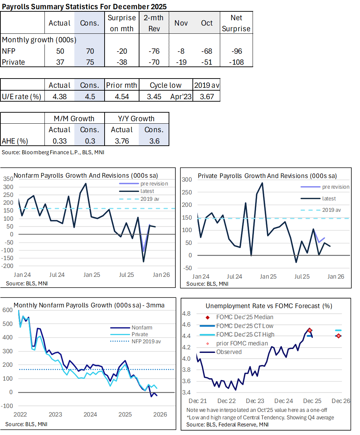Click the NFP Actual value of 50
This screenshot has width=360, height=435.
(60, 51)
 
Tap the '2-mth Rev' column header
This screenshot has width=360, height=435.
(154, 23)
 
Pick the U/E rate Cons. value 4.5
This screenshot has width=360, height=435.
(90, 97)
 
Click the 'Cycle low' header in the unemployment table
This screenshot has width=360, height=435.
(165, 85)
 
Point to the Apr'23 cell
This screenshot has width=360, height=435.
(181, 97)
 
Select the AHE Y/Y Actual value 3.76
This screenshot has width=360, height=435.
(122, 141)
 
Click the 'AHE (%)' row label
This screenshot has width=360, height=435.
(15, 141)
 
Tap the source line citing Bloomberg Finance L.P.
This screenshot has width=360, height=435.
(53, 152)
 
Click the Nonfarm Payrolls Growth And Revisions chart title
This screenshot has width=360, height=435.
(86, 176)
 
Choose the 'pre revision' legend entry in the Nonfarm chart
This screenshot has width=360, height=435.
(154, 184)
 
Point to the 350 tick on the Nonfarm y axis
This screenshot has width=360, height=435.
(8, 179)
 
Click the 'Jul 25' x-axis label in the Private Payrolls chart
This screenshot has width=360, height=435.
(302, 276)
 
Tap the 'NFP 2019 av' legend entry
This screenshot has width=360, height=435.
(146, 342)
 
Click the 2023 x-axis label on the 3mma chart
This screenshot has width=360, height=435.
(55, 414)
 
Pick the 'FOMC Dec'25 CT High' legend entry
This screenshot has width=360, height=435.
(245, 334)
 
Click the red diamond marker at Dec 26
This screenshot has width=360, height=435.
(338, 336)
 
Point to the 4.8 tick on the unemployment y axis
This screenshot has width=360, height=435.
(186, 313)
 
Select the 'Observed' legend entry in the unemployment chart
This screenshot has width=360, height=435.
(229, 352)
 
